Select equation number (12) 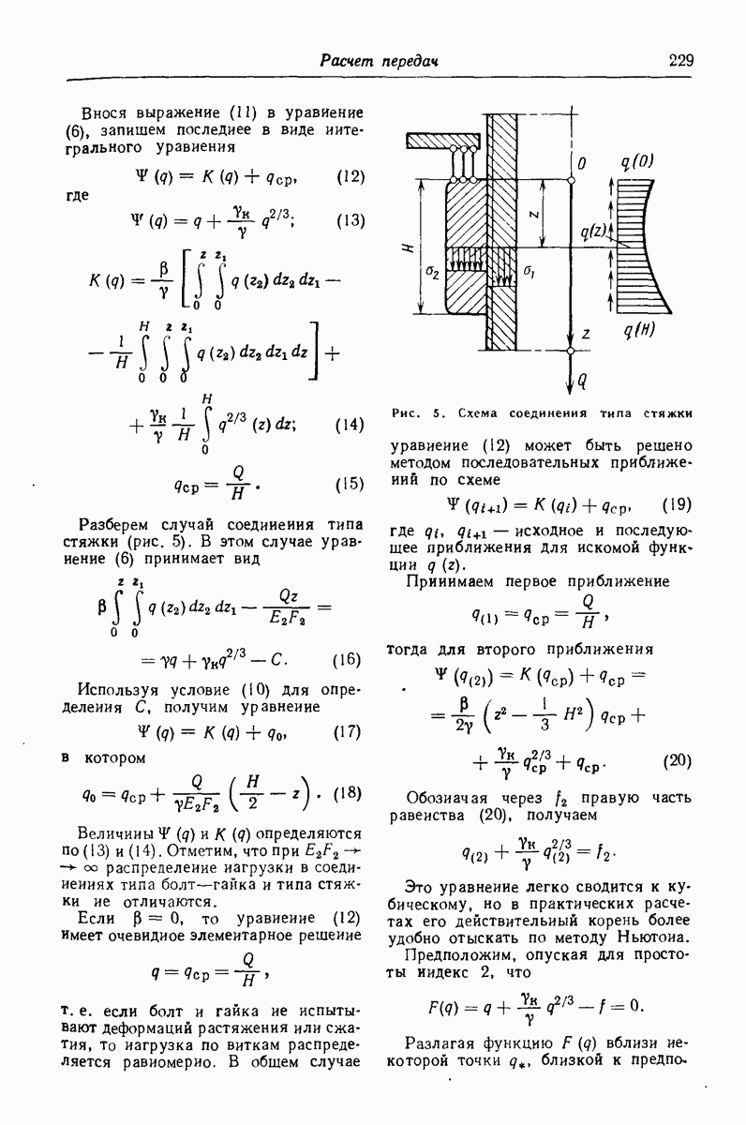click(349, 176)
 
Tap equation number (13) click(349, 221)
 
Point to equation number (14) click(349, 424)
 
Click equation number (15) click(349, 485)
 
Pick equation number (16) click(347, 659)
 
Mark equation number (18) click(348, 793)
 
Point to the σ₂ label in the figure click(432, 272)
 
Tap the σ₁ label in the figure click(530, 272)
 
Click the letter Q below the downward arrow click(582, 382)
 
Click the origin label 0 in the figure click(582, 164)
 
